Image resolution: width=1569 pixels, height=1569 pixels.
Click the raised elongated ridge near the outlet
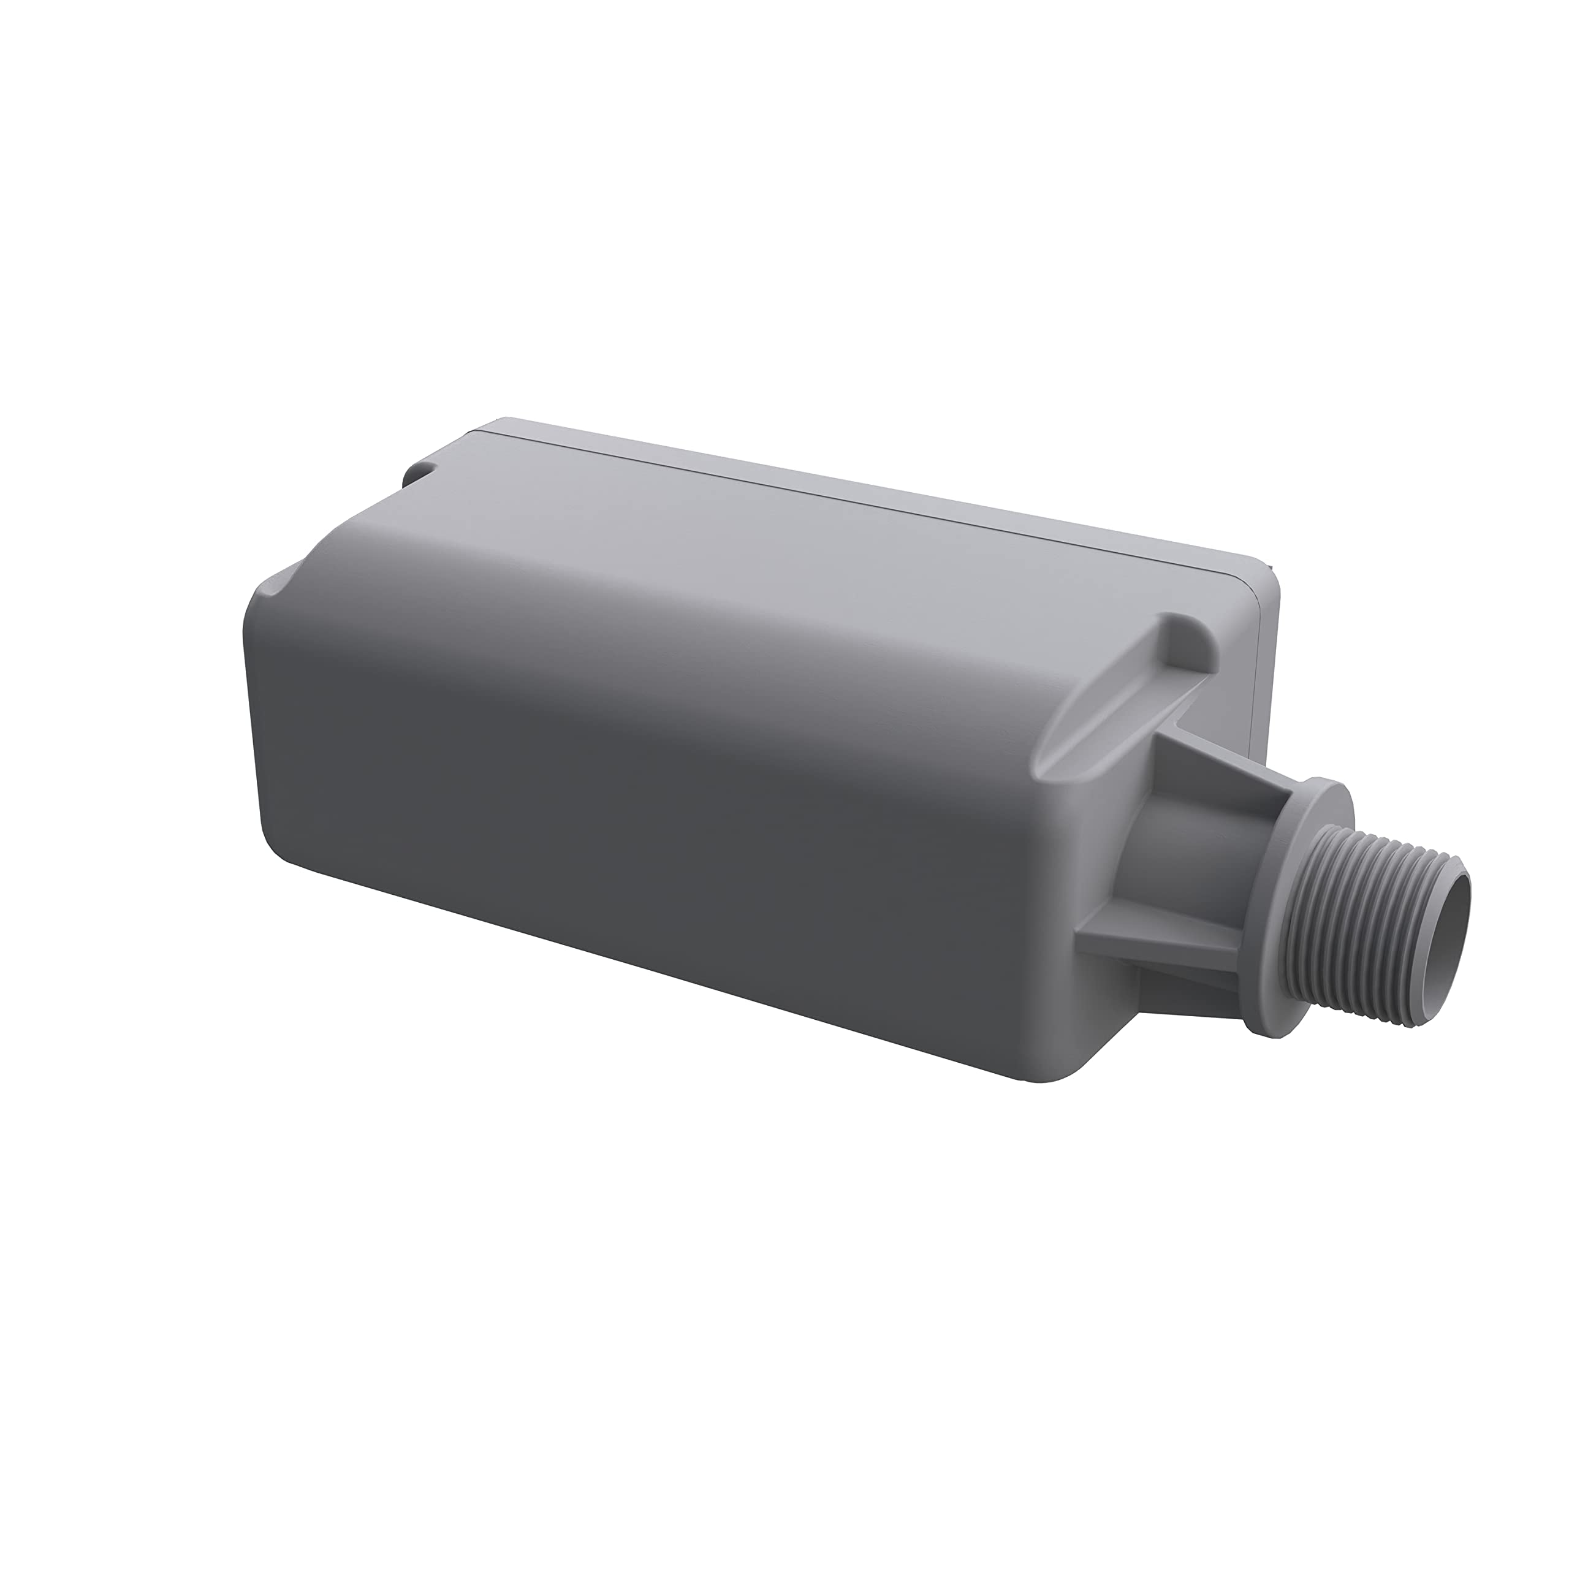click(1137, 690)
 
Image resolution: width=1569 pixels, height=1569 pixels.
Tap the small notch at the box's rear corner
click(422, 472)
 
